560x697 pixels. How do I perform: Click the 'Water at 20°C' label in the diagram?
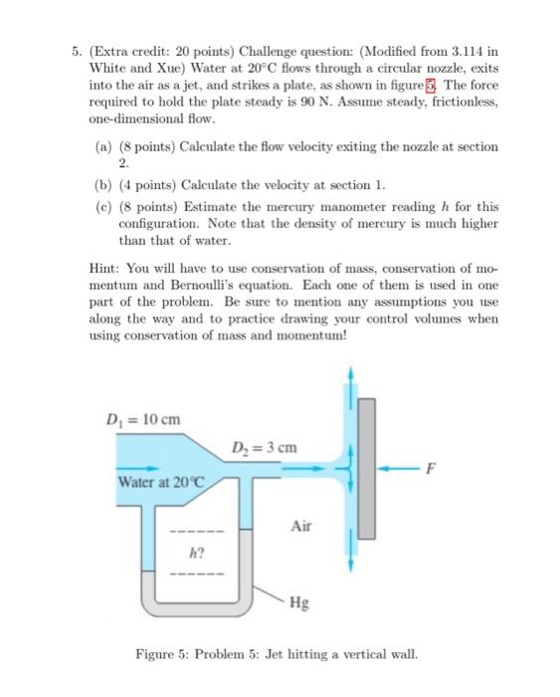coord(159,483)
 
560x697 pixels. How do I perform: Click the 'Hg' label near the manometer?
coord(299,601)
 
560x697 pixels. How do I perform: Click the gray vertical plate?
coord(368,465)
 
